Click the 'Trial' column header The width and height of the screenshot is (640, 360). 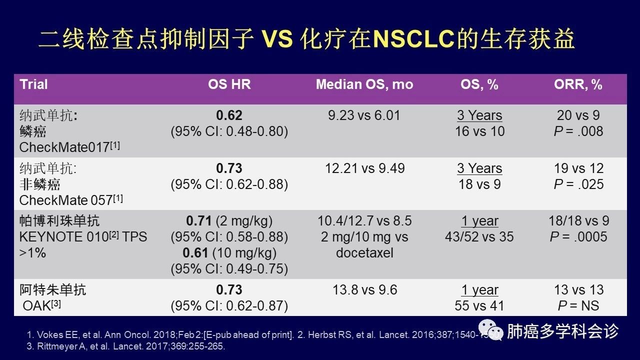[34, 84]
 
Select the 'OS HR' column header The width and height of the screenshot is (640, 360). [229, 84]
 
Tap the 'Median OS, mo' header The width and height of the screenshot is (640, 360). [364, 84]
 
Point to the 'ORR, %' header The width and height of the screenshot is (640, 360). [578, 84]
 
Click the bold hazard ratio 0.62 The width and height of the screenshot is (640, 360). [229, 115]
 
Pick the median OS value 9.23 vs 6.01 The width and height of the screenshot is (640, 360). [364, 115]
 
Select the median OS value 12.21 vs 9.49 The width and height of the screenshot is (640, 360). [364, 168]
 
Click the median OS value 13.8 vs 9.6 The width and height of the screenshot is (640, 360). [364, 290]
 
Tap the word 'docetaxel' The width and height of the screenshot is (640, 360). [364, 253]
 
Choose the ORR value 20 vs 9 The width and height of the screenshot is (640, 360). [578, 115]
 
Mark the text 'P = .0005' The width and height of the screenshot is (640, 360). [578, 237]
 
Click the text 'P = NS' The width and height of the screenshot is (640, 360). [578, 306]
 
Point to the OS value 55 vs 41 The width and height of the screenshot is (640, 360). [479, 306]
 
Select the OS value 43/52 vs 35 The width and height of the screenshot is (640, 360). [479, 237]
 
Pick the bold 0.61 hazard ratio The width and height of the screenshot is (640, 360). [195, 253]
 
